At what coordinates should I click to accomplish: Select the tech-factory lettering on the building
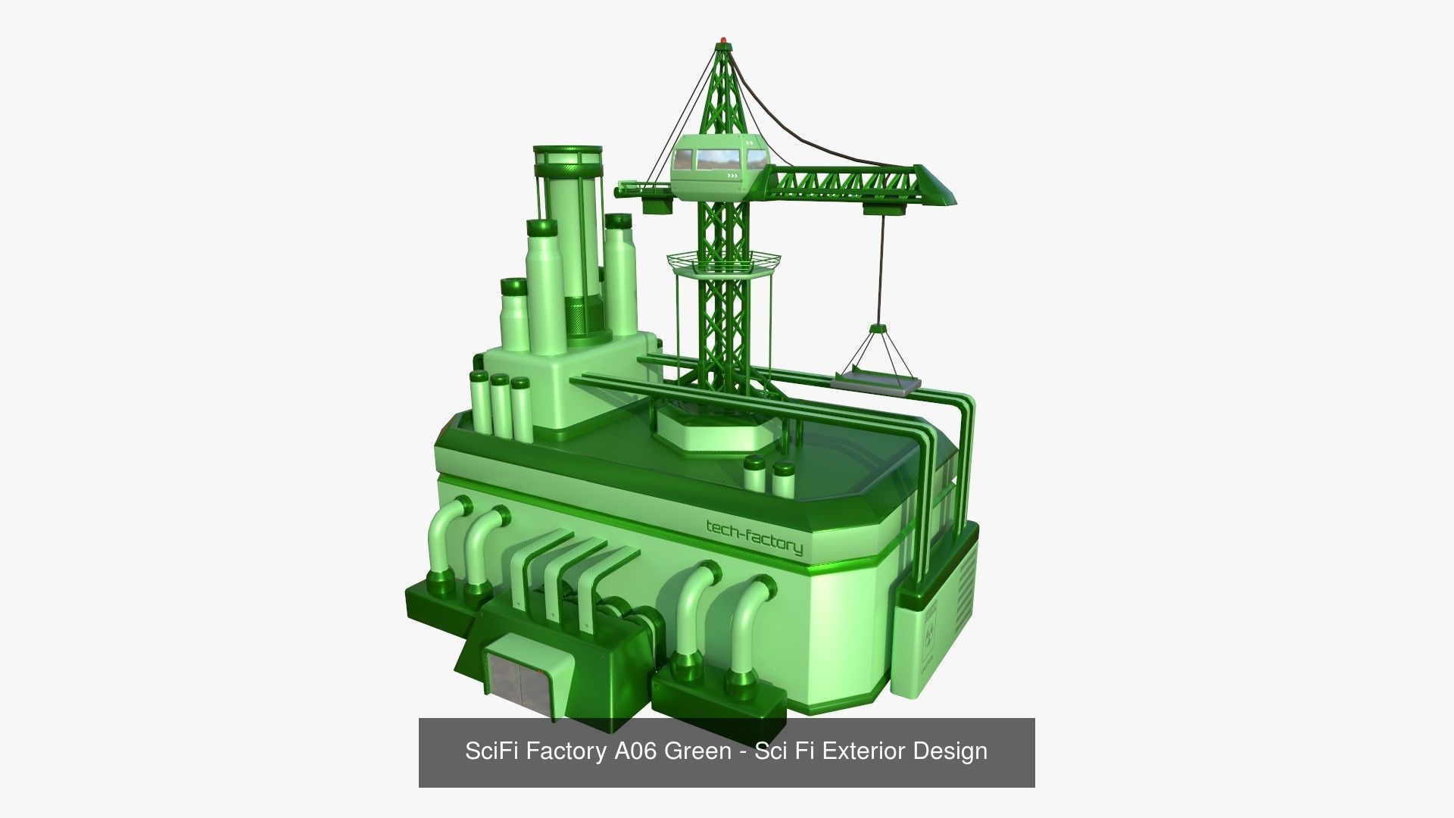click(x=754, y=536)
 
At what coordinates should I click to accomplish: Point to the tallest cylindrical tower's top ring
click(x=567, y=155)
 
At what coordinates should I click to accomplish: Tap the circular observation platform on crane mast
click(x=724, y=262)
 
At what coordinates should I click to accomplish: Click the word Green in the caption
click(x=697, y=751)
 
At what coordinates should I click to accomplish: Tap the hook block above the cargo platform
click(x=878, y=330)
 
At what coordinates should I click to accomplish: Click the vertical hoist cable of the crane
click(x=881, y=265)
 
